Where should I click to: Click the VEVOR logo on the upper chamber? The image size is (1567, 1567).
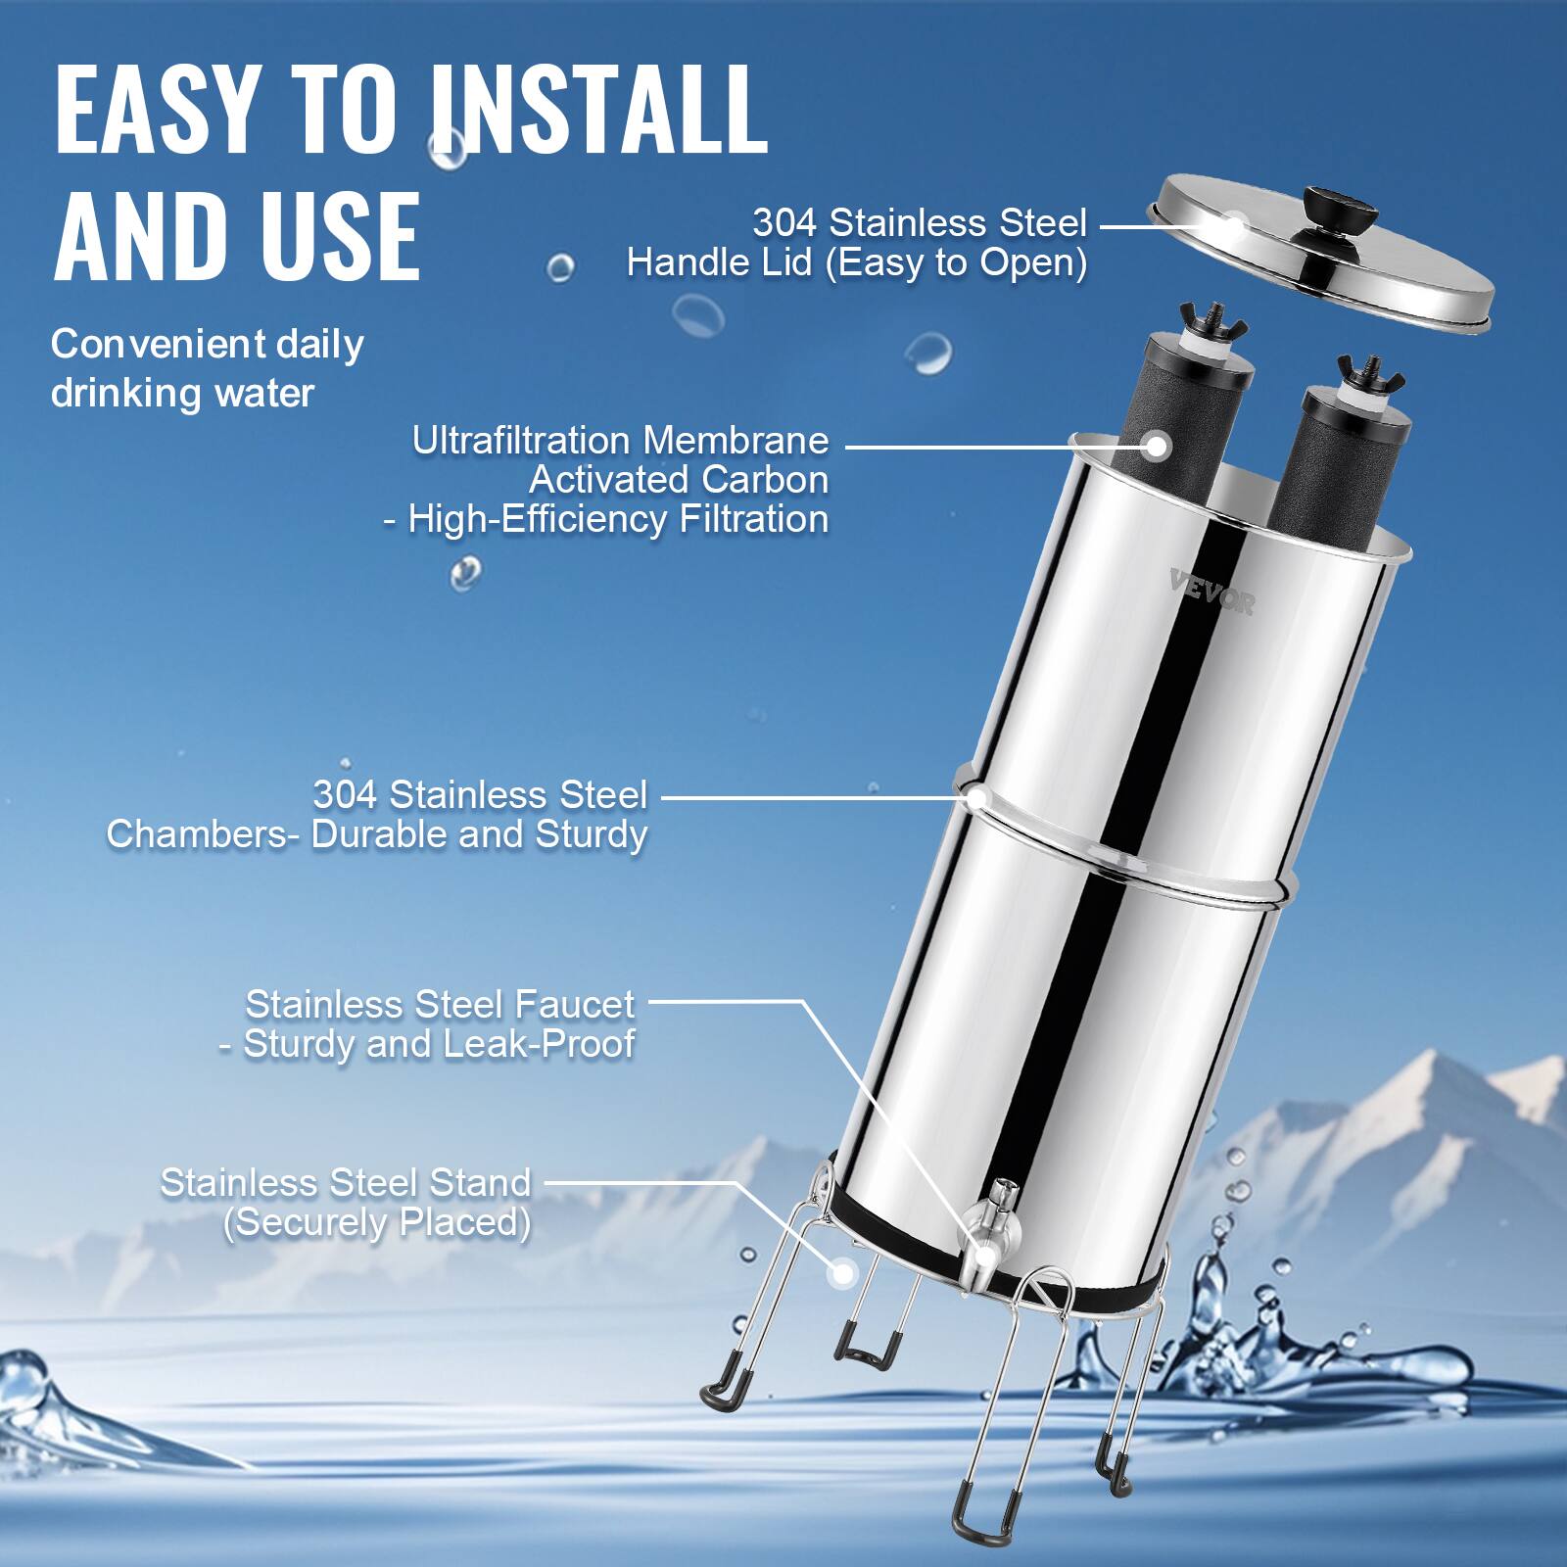1211,593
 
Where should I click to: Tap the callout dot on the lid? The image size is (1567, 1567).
1233,226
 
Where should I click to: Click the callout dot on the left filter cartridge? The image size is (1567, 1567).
1158,446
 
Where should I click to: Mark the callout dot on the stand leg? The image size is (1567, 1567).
840,1273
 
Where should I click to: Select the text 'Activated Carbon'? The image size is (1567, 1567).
679,480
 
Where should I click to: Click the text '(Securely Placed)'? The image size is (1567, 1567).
377,1222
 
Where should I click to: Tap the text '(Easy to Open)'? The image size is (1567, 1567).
957,262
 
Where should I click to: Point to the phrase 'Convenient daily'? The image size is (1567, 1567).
207,344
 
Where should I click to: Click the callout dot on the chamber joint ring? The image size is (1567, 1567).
976,797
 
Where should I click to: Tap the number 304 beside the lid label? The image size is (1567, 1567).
783,223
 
